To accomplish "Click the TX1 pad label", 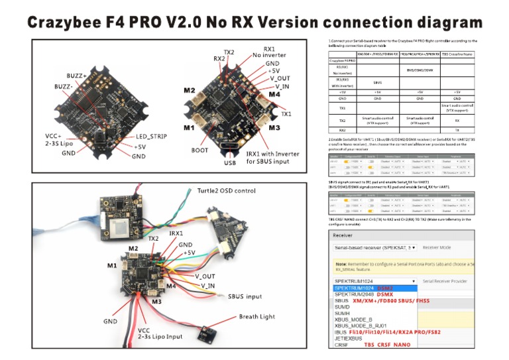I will tap(286, 114).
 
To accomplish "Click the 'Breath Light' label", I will tap(256, 316).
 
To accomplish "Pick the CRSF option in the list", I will tap(341, 345).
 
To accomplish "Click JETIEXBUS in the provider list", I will tap(347, 338).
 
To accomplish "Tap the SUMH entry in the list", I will tap(342, 313).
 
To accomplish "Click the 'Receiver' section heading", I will tap(344, 234).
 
